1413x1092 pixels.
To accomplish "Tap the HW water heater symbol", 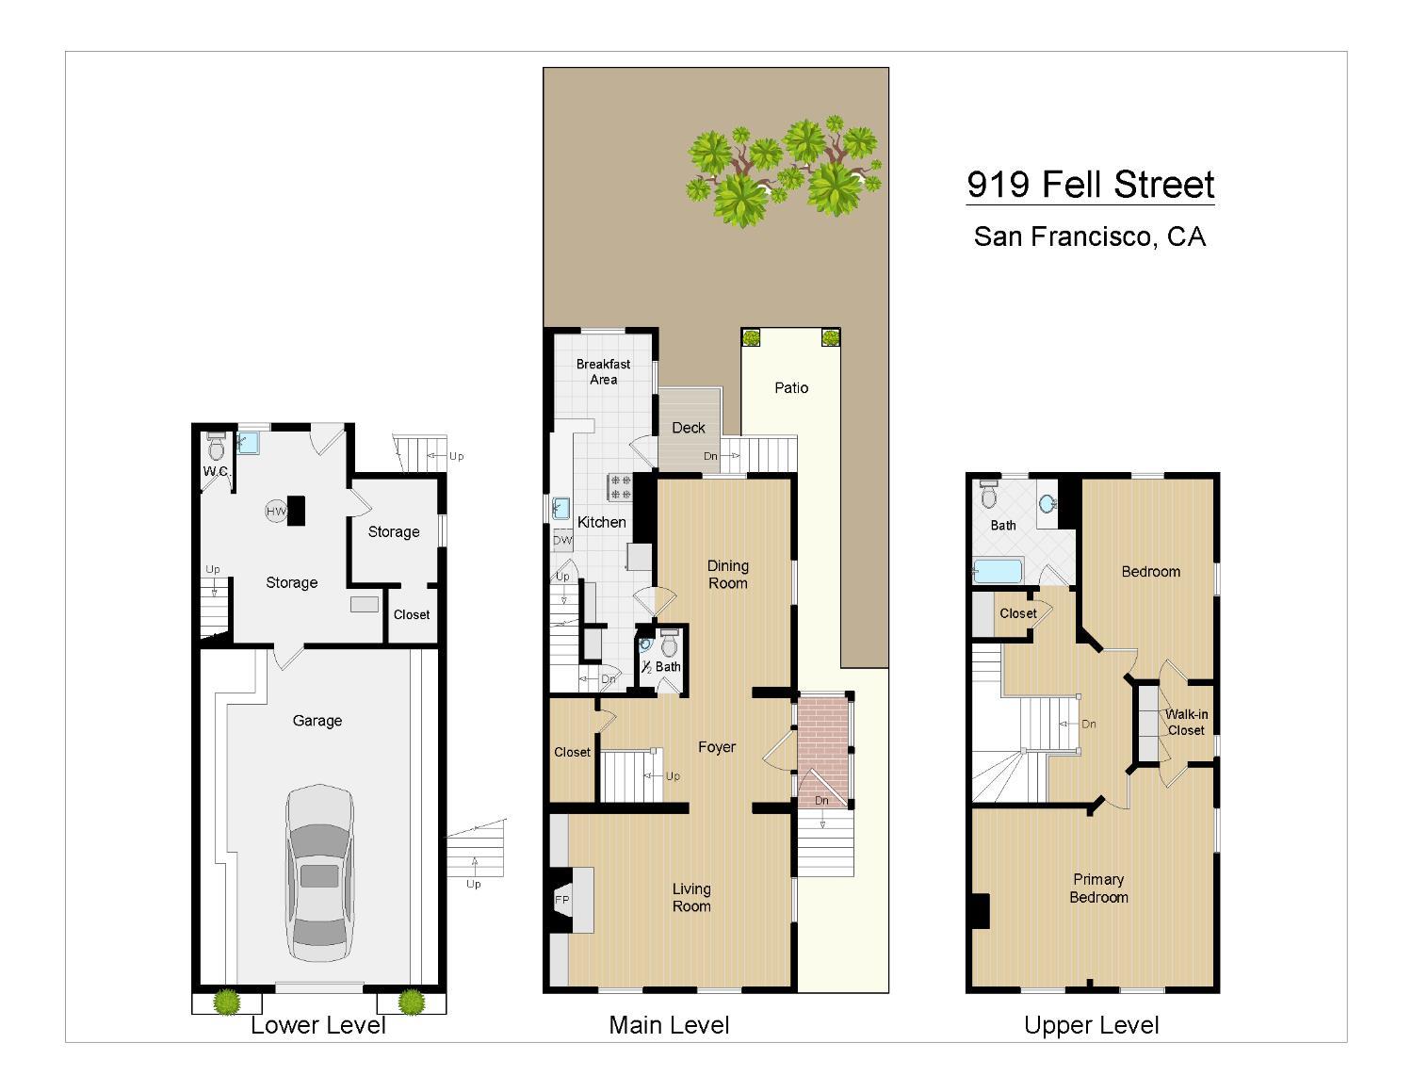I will [x=276, y=511].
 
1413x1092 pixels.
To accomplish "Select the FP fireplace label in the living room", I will [x=561, y=900].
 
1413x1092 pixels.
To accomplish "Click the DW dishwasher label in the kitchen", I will [x=562, y=540].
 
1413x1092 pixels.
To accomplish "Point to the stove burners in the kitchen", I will [x=620, y=486].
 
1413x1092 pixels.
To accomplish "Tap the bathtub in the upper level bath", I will [x=998, y=571].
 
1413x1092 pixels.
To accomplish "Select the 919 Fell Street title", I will [x=1091, y=184].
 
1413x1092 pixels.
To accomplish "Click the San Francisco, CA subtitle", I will [x=1090, y=236].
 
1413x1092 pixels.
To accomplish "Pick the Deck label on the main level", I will [x=689, y=428].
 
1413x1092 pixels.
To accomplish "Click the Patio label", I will [x=791, y=387].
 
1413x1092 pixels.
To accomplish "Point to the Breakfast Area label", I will [x=604, y=371].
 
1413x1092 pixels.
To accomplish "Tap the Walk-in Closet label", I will [x=1186, y=723].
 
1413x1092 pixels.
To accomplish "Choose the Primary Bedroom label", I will [x=1098, y=888].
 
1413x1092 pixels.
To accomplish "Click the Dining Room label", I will [x=728, y=574].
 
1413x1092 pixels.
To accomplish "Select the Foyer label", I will [x=717, y=747].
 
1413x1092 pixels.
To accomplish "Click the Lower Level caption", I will [x=318, y=1025].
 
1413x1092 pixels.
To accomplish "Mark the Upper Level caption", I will [x=1092, y=1025].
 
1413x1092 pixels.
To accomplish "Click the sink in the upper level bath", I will [x=1047, y=504].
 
